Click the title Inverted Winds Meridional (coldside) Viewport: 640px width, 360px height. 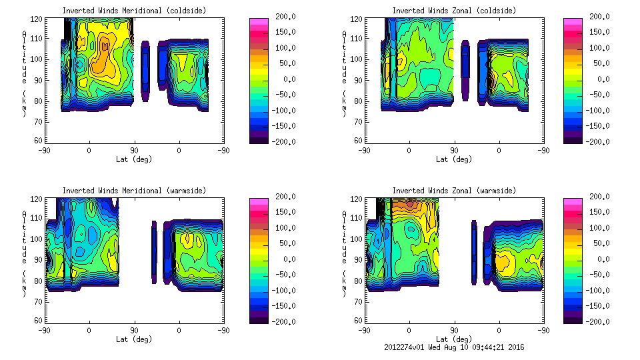(134, 11)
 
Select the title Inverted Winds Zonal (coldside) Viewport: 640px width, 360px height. (454, 11)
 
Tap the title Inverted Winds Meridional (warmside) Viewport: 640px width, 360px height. (134, 191)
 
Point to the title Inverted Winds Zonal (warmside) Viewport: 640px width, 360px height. (454, 191)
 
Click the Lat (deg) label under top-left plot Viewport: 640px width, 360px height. (134, 159)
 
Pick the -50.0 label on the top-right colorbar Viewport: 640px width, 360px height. (599, 95)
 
